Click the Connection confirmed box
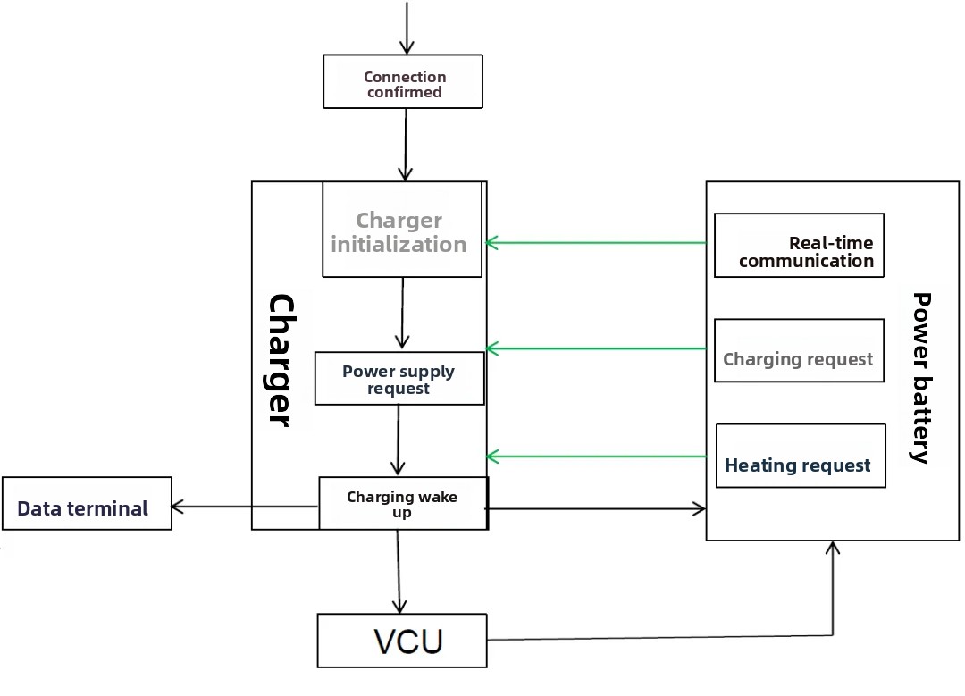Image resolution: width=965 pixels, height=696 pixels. tap(402, 82)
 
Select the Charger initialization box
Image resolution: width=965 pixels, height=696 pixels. tap(402, 231)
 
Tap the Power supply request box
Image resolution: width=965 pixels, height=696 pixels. tap(399, 379)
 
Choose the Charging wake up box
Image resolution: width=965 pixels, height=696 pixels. tap(403, 503)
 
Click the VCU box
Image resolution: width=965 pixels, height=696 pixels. tap(402, 641)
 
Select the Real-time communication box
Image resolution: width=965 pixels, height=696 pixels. tap(800, 246)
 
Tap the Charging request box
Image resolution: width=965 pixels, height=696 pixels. tap(800, 350)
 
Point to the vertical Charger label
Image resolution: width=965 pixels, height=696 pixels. tap(280, 360)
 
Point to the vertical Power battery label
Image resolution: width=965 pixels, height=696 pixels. tap(920, 376)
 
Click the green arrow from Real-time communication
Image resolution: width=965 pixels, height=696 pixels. tap(596, 242)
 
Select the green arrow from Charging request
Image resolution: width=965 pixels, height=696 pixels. tap(596, 348)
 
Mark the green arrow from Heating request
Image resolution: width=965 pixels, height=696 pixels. tap(596, 457)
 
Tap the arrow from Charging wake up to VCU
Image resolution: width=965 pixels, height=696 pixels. tap(399, 572)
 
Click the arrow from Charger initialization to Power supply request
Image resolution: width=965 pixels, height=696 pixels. tap(402, 313)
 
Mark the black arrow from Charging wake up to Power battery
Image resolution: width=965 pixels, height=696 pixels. tap(596, 509)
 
